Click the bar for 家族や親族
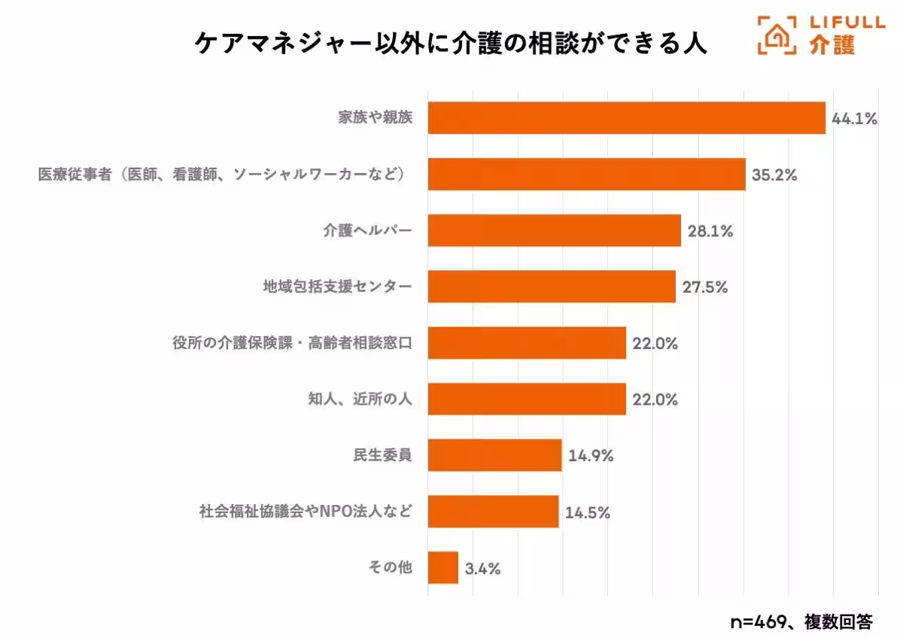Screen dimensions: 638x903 pos(626,118)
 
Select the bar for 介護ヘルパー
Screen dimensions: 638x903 pos(554,230)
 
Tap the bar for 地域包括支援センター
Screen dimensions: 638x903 pos(552,287)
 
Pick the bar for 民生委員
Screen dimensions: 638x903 pos(494,455)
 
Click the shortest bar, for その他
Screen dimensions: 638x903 pos(442,567)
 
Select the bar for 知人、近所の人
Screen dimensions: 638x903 pos(527,399)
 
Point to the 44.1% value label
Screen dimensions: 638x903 pos(854,119)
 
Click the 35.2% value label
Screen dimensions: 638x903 pos(774,175)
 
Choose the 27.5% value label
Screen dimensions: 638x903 pos(704,287)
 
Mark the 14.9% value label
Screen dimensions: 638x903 pos(591,456)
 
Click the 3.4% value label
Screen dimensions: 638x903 pos(482,568)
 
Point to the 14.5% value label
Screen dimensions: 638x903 pos(587,512)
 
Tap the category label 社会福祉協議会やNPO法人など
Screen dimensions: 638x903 pos(306,512)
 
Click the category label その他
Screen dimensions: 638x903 pos(390,568)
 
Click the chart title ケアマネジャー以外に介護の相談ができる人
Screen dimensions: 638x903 pos(451,43)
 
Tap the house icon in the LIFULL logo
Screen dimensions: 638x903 pos(777,35)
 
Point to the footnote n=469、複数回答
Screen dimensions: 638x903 pos(801,621)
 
